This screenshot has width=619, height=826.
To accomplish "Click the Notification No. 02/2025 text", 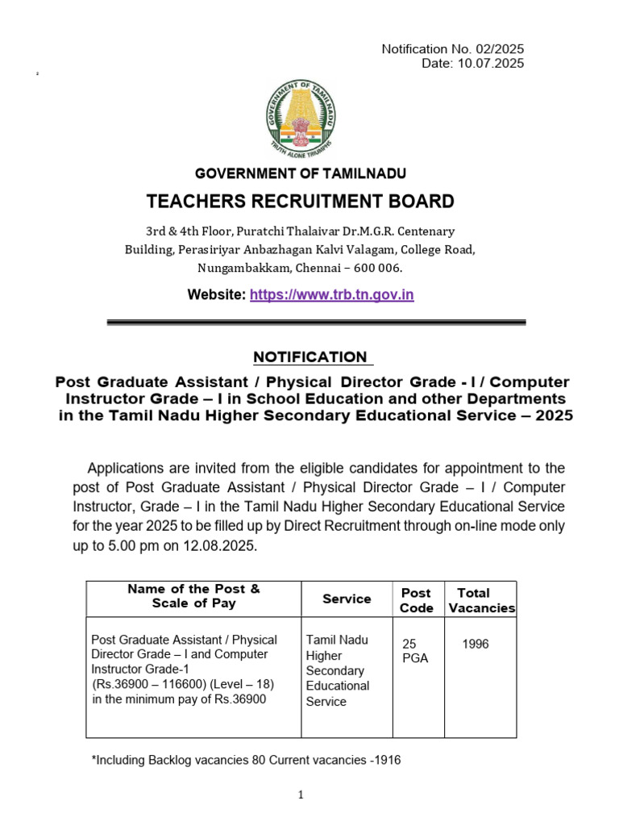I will pyautogui.click(x=452, y=49).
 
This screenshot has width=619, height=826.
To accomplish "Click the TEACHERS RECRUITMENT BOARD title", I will pyautogui.click(x=300, y=202).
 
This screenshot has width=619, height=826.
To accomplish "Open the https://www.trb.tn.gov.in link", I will pyautogui.click(x=331, y=295).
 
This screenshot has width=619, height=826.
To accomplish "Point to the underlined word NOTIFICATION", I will pyautogui.click(x=309, y=357).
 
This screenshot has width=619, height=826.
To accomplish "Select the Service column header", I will pyautogui.click(x=347, y=599).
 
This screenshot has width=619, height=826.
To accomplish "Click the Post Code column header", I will pyautogui.click(x=416, y=600).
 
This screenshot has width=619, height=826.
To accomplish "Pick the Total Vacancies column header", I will pyautogui.click(x=481, y=600).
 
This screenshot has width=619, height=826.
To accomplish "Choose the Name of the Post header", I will pyautogui.click(x=193, y=596).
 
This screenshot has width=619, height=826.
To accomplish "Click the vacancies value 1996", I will pyautogui.click(x=475, y=645).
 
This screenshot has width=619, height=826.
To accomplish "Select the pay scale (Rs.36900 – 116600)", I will pyautogui.click(x=148, y=684).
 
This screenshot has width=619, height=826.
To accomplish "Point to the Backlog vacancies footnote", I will pyautogui.click(x=247, y=760).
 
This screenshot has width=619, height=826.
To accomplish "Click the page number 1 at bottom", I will pyautogui.click(x=301, y=795).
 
